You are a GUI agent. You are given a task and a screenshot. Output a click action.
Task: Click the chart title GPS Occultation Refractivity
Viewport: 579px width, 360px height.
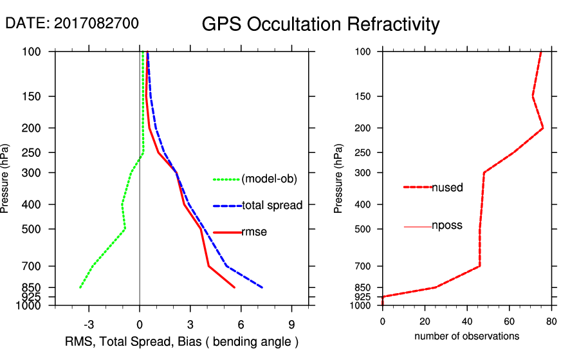point(320,24)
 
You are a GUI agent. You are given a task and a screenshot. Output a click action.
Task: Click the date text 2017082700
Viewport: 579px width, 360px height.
point(96,23)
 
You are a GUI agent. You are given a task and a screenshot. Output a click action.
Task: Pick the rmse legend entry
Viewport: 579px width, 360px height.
point(254,232)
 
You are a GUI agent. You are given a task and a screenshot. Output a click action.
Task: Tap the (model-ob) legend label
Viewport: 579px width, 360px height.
point(269,179)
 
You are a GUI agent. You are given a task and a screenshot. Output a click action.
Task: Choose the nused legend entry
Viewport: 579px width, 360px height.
point(447,187)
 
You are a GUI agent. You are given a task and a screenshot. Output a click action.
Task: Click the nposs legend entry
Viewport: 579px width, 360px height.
point(447,226)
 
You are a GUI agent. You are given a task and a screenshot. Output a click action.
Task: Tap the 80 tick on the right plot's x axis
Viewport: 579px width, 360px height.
point(551,322)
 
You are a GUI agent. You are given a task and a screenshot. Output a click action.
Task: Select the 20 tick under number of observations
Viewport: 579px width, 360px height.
point(425,322)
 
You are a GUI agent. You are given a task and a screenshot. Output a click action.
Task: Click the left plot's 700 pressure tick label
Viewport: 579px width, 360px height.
point(31,266)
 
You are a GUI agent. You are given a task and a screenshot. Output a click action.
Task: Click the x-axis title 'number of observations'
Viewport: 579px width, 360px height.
point(466,336)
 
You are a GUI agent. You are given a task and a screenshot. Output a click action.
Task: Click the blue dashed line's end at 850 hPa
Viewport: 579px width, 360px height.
point(262,287)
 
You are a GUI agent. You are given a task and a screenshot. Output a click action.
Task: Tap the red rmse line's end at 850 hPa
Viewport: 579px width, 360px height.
point(235,287)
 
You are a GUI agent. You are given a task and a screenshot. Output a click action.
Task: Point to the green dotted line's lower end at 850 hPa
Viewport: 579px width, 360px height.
point(80,287)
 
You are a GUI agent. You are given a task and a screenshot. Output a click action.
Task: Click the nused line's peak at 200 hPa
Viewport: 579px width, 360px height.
point(543,128)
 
